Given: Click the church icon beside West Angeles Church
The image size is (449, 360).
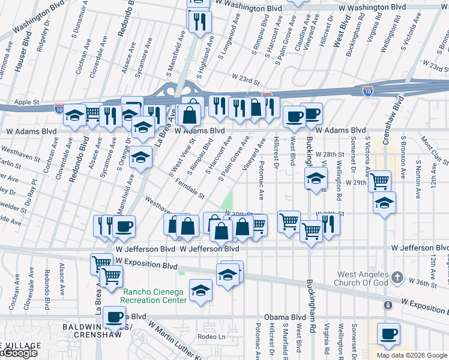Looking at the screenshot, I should [x=397, y=277].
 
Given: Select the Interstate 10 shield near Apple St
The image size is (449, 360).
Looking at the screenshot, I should [x=58, y=109].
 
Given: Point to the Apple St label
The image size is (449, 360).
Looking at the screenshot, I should [x=26, y=103].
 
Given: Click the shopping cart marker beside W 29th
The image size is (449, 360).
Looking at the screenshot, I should [x=379, y=181].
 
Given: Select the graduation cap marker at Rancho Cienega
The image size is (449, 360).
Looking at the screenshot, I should [x=200, y=291].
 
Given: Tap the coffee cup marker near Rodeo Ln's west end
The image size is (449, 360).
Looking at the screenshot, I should [x=114, y=317].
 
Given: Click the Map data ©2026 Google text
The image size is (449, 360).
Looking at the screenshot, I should [x=412, y=355].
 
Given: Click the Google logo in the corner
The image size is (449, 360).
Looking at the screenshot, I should [x=19, y=353].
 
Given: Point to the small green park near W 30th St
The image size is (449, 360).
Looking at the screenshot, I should [x=228, y=201].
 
